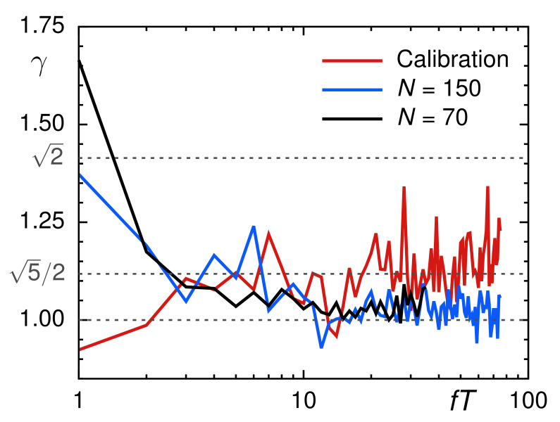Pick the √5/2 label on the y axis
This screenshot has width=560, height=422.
coord(37,274)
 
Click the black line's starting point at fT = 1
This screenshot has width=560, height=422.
coord(79,61)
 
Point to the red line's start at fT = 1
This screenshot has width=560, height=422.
coord(79,349)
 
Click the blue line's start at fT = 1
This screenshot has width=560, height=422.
coord(79,174)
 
